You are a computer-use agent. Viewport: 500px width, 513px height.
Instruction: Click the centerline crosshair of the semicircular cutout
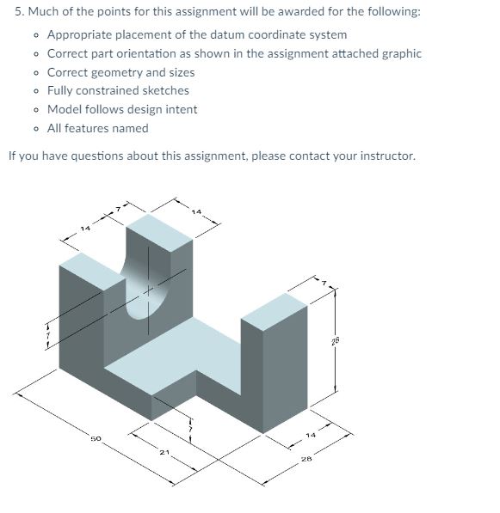coord(147,290)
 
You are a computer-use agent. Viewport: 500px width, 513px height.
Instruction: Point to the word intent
coord(180,109)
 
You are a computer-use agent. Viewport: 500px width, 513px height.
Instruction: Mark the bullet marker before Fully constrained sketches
coord(34,91)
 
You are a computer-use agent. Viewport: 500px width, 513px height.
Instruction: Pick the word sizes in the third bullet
coord(177,72)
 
